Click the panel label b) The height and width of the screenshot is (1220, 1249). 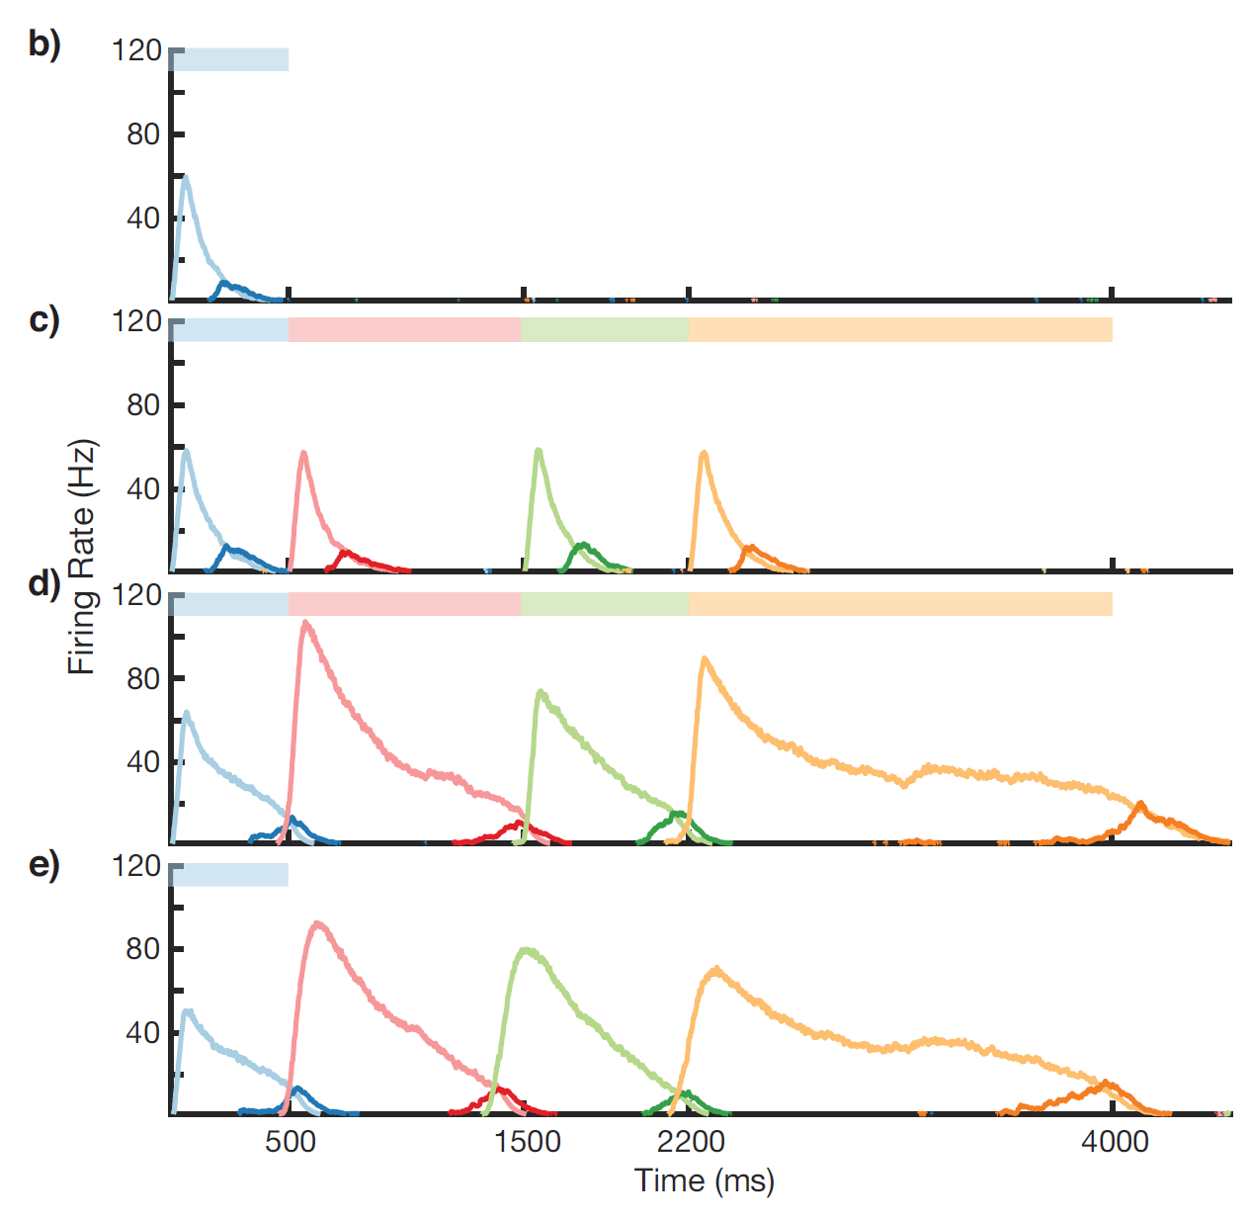point(43,45)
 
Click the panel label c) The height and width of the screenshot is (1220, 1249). point(43,320)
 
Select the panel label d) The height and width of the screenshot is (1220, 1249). point(43,583)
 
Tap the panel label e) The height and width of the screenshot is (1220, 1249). point(43,865)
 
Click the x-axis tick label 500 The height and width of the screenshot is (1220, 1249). point(290,1142)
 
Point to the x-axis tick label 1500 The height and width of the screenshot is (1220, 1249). point(527,1142)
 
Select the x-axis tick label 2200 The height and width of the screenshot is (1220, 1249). point(691,1142)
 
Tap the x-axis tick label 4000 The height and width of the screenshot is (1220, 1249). point(1115,1142)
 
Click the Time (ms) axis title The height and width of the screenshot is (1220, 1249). point(704,1180)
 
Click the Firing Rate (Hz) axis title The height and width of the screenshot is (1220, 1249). point(82,557)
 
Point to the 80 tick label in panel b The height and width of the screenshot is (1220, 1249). point(143,134)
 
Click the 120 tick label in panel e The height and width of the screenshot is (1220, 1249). point(136,866)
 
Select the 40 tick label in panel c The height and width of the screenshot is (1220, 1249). point(143,488)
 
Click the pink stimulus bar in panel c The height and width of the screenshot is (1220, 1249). point(404,330)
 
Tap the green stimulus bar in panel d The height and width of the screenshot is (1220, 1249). point(605,604)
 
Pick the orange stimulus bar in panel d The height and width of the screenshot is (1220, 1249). point(900,604)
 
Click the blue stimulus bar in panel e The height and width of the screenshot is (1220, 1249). point(229,875)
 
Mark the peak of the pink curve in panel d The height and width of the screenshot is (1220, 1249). point(305,622)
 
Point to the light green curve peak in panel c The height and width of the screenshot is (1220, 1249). point(538,450)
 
